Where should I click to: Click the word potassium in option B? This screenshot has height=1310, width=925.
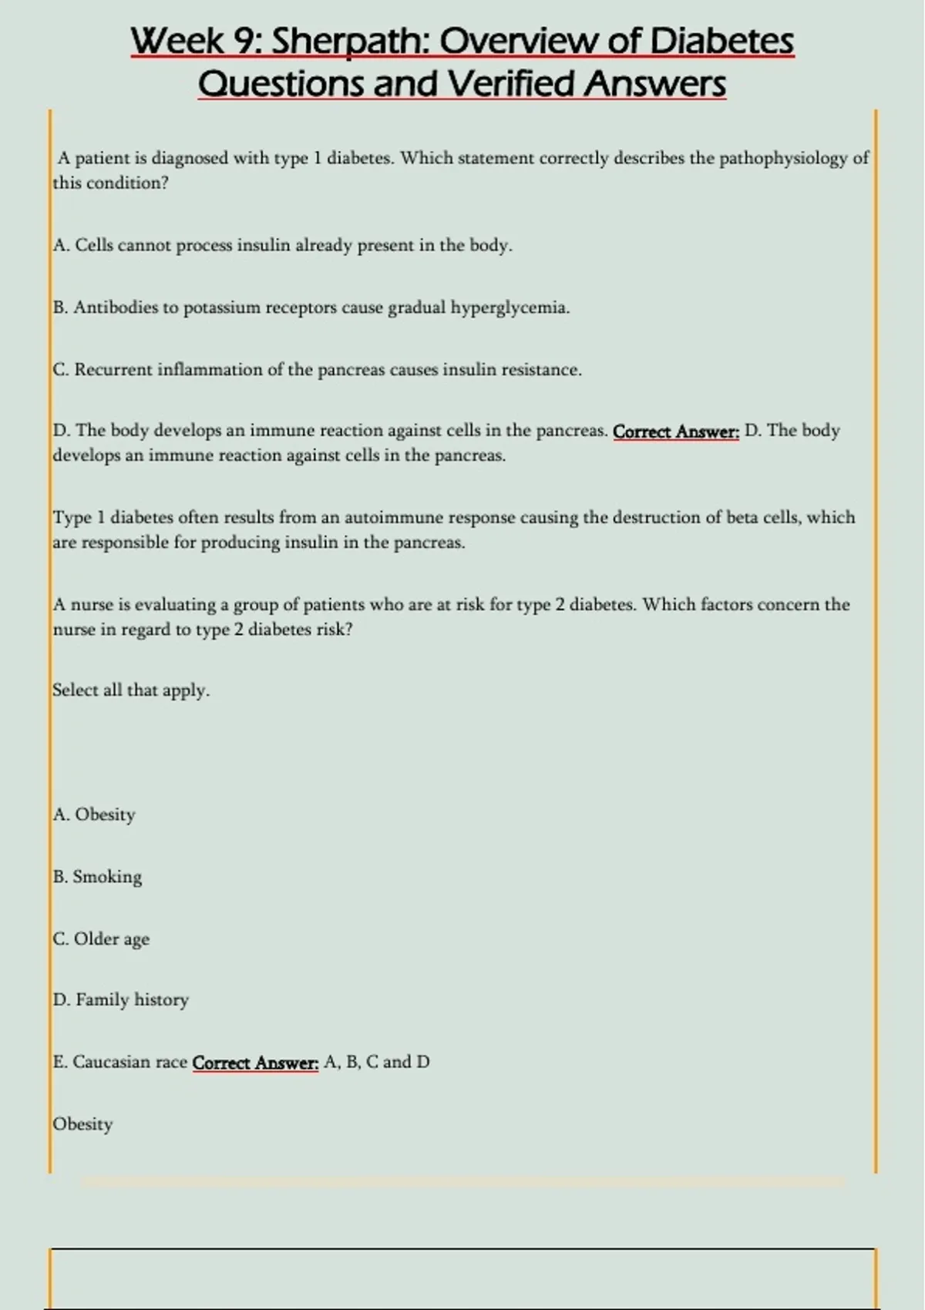(222, 307)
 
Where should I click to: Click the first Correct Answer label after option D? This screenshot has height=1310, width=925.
(676, 431)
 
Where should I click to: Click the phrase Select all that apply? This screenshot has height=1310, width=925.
(131, 690)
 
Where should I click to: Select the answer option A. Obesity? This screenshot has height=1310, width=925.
(94, 815)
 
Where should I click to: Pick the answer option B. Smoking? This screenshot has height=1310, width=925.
(97, 877)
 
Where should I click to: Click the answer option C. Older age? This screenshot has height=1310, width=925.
(101, 939)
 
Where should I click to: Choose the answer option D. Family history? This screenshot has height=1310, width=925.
(120, 1000)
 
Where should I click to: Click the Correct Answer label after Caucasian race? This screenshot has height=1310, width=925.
(255, 1063)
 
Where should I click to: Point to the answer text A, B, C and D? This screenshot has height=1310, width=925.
(377, 1062)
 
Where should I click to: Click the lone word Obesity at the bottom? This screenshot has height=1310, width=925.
(82, 1124)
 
